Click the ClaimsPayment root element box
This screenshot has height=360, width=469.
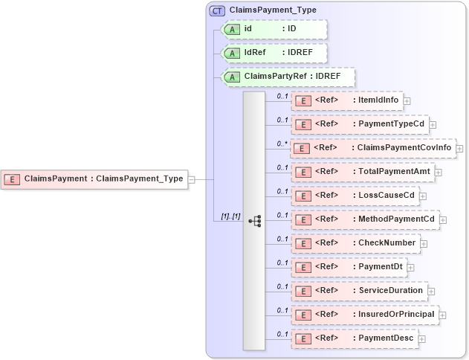[x=94, y=179]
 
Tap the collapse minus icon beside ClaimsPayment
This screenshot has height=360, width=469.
[x=192, y=179]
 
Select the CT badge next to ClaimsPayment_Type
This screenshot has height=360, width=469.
[x=218, y=10]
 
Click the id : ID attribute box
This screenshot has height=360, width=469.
[x=275, y=29]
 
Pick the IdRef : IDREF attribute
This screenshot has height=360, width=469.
[x=275, y=53]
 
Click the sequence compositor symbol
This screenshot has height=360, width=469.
[x=255, y=221]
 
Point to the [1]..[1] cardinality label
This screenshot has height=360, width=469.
[x=230, y=216]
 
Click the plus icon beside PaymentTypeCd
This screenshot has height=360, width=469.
[x=433, y=125]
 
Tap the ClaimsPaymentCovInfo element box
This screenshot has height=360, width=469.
[x=372, y=148]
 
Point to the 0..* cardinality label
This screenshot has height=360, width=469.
[x=282, y=144]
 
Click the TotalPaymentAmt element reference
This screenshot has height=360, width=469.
[x=362, y=172]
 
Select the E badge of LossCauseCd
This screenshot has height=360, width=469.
[x=303, y=196]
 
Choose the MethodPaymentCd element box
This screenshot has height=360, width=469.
[x=365, y=219]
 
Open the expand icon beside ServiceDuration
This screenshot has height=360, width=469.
[x=431, y=291]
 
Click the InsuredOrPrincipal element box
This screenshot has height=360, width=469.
[x=365, y=315]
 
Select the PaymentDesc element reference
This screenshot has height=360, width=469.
[x=355, y=338]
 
